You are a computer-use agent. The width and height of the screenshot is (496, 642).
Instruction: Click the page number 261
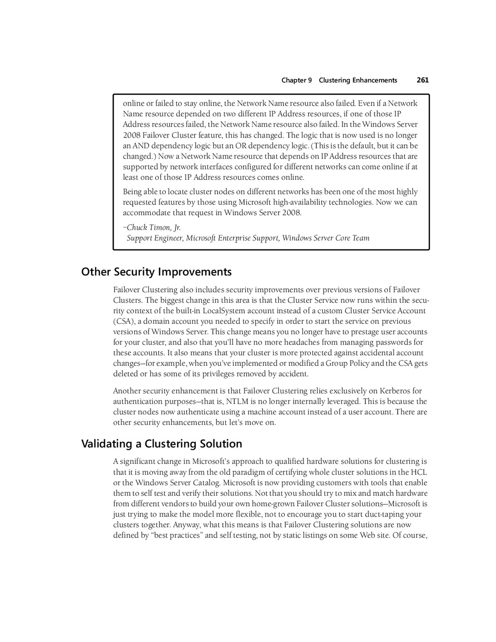point(422,80)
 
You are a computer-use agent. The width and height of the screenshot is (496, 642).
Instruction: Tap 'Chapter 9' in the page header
point(296,80)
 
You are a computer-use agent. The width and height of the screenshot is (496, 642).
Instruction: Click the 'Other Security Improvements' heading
point(156,272)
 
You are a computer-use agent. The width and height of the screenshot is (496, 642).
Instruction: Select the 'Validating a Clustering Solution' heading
point(162,444)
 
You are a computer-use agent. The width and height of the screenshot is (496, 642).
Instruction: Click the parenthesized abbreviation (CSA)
point(124,322)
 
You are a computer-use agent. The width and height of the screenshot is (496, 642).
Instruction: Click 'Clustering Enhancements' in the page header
point(358,80)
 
